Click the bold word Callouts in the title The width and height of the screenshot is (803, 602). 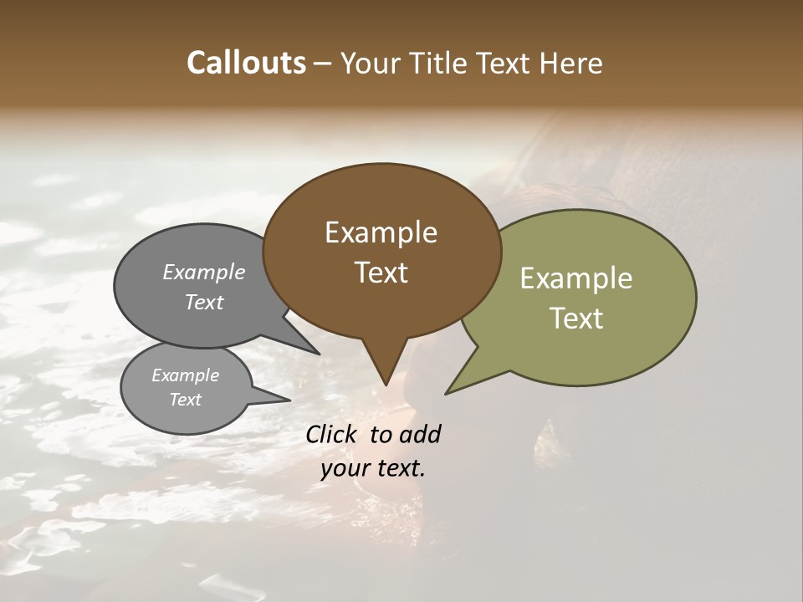(x=246, y=63)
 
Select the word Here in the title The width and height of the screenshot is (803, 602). (x=571, y=63)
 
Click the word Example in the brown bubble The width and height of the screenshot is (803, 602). (x=381, y=232)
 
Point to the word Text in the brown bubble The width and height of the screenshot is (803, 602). (x=381, y=273)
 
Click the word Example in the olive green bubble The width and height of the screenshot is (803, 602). (x=575, y=278)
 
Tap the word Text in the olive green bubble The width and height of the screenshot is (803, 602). (x=575, y=319)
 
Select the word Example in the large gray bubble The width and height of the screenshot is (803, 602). (x=204, y=272)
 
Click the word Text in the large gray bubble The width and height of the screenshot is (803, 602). (x=204, y=302)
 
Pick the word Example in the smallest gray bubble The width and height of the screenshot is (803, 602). (x=185, y=375)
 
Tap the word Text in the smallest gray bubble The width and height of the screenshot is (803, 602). (x=185, y=400)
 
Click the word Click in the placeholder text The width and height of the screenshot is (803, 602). (x=332, y=434)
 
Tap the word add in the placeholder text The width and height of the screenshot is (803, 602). (x=420, y=434)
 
